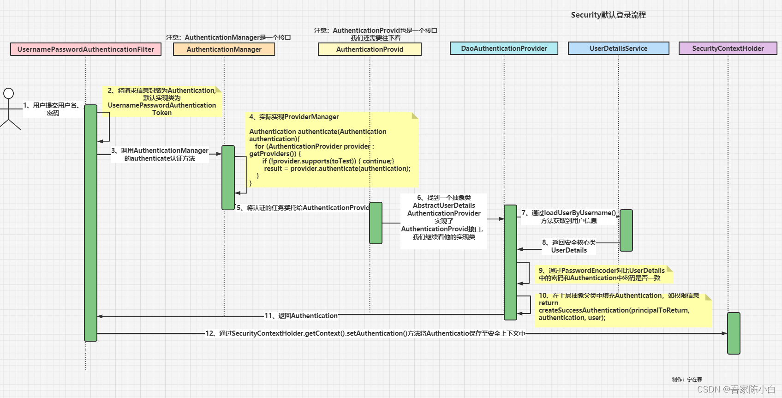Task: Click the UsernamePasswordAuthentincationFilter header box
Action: coord(86,49)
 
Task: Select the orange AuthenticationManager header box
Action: coord(224,49)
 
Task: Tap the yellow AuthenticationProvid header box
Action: coord(370,49)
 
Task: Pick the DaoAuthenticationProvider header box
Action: coord(504,48)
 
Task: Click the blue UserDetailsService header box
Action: coord(618,48)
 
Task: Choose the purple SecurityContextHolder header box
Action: coord(728,48)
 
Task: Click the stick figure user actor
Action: coord(9,109)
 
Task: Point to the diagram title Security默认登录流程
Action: coord(608,15)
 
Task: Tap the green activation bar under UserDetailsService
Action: coord(626,230)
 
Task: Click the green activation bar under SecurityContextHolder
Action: coord(733,333)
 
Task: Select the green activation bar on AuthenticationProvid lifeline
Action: coord(376,223)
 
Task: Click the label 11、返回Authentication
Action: coord(301,316)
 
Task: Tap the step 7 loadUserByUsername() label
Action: coord(568,217)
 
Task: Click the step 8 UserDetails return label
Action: coord(568,246)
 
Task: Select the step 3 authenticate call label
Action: coord(160,154)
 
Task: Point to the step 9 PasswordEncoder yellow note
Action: coord(602,274)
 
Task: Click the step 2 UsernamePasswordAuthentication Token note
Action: coord(161,102)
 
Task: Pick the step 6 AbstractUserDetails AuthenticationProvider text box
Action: coord(443,217)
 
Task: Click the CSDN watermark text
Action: coord(736,389)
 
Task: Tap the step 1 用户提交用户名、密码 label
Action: coord(53,109)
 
